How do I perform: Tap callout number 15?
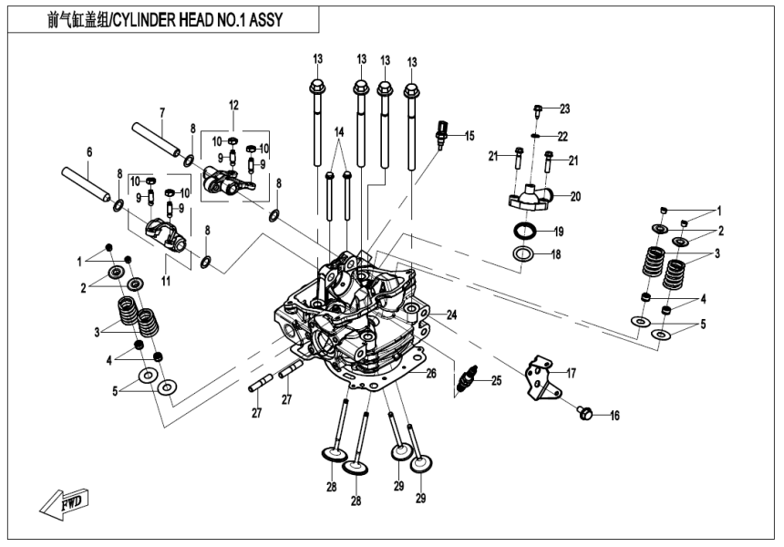tap(469, 136)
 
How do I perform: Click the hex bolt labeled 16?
tap(585, 415)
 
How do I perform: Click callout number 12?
tap(232, 105)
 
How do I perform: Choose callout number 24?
tap(450, 315)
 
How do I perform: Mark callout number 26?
tap(431, 373)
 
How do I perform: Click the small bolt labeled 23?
tap(537, 112)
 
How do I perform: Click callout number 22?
tap(562, 136)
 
